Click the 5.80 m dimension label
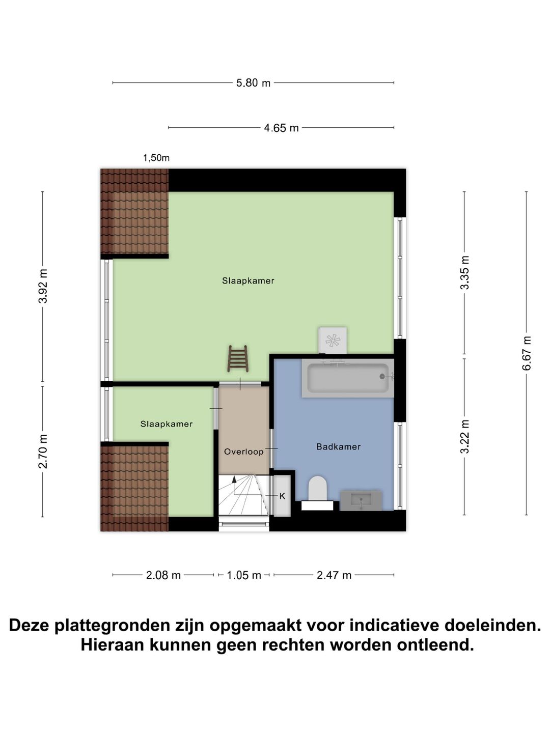[x=253, y=82]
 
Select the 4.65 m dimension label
[x=281, y=128]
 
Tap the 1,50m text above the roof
[x=156, y=158]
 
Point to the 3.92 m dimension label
[x=43, y=286]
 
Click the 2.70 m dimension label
[x=43, y=451]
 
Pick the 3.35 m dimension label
[x=464, y=273]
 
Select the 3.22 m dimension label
[x=464, y=437]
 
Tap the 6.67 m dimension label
[x=527, y=353]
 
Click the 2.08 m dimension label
[x=163, y=575]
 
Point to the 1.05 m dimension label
[x=244, y=575]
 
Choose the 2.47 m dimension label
[x=334, y=575]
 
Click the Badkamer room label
[x=338, y=447]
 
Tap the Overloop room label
[x=244, y=452]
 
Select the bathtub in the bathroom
[x=348, y=378]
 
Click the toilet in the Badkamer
[x=317, y=489]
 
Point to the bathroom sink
[x=361, y=500]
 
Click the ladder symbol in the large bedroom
[x=238, y=358]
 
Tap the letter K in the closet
[x=282, y=496]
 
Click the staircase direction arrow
[x=234, y=480]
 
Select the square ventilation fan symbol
[x=333, y=340]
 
